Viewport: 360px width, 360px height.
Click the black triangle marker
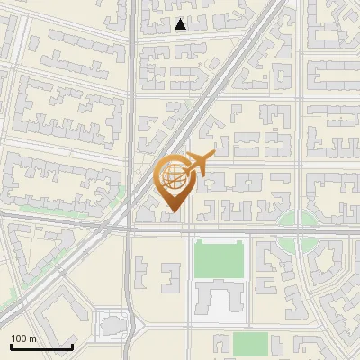[x=181, y=24]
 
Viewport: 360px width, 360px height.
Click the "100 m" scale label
[x=23, y=338]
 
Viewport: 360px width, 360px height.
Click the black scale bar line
[x=41, y=346]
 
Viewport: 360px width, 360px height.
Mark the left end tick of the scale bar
[x=11, y=346]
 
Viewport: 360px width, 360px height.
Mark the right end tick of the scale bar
[x=72, y=346]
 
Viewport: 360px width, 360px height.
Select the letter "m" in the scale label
[x=33, y=338]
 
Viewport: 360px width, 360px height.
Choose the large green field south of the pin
[x=219, y=259]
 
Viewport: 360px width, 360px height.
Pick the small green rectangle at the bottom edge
[x=251, y=344]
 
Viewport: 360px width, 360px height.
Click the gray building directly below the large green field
[x=216, y=299]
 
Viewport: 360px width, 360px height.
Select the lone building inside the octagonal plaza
[x=114, y=322]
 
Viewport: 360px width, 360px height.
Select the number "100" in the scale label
[x=19, y=338]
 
